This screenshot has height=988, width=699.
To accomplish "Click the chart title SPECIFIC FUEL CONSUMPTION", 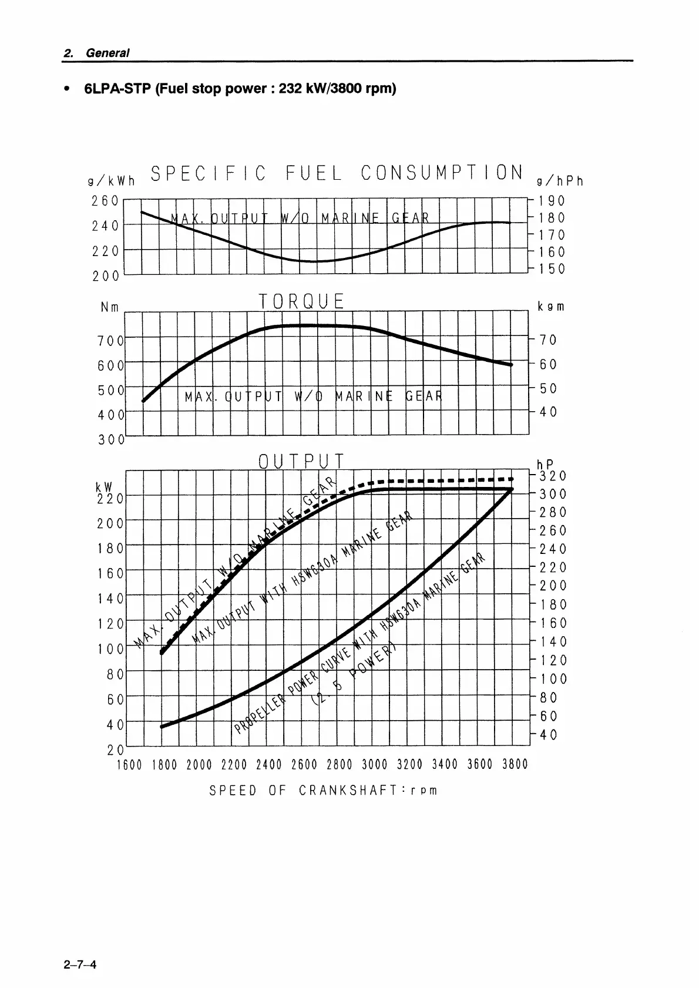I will pos(337,173).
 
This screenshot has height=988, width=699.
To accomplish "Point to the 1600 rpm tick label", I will pos(129,764).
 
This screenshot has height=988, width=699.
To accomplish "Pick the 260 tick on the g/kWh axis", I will pos(105,201).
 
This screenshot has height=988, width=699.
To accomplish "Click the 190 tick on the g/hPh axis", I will pos(552,201).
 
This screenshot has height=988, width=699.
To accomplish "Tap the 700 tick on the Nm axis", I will pos(111,340).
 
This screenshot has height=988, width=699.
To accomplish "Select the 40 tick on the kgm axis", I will pos(548,412).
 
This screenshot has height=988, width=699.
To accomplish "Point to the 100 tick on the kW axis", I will pos(112,649).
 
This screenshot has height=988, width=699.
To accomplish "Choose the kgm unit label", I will pos(551,307).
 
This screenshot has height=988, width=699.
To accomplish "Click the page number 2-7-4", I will pos(80,964).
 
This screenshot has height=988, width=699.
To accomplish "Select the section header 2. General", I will pos(96,53).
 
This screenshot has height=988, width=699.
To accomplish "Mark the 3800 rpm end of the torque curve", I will pos(512,365).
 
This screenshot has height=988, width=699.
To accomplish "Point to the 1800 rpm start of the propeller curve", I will pos(162,727).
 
